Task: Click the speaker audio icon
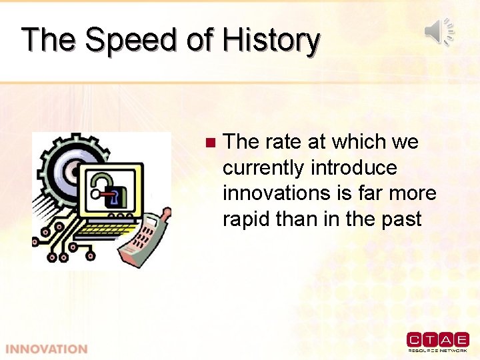439,31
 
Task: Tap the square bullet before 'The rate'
210,142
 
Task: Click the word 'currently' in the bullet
263,167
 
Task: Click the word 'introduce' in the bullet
353,167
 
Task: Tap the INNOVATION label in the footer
46,349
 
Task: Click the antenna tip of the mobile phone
168,212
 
